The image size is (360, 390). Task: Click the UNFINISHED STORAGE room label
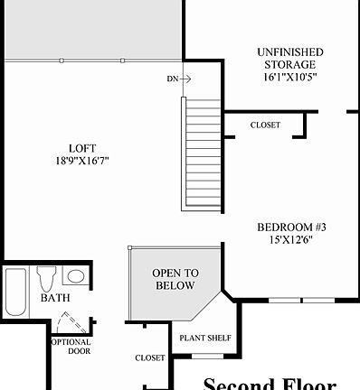[289, 59]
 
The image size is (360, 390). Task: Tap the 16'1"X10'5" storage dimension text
[289, 77]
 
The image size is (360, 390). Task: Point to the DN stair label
[172, 79]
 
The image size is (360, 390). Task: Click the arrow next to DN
[185, 79]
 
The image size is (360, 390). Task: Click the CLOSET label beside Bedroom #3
[265, 125]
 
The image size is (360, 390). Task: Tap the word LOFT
[82, 148]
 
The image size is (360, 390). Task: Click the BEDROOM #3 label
[291, 227]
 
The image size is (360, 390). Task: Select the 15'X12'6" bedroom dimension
[291, 240]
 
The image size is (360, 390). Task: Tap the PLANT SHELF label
[204, 339]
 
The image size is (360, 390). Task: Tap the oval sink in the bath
[76, 276]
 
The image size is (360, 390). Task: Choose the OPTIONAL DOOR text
[71, 347]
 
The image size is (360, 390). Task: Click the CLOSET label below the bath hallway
[150, 357]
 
